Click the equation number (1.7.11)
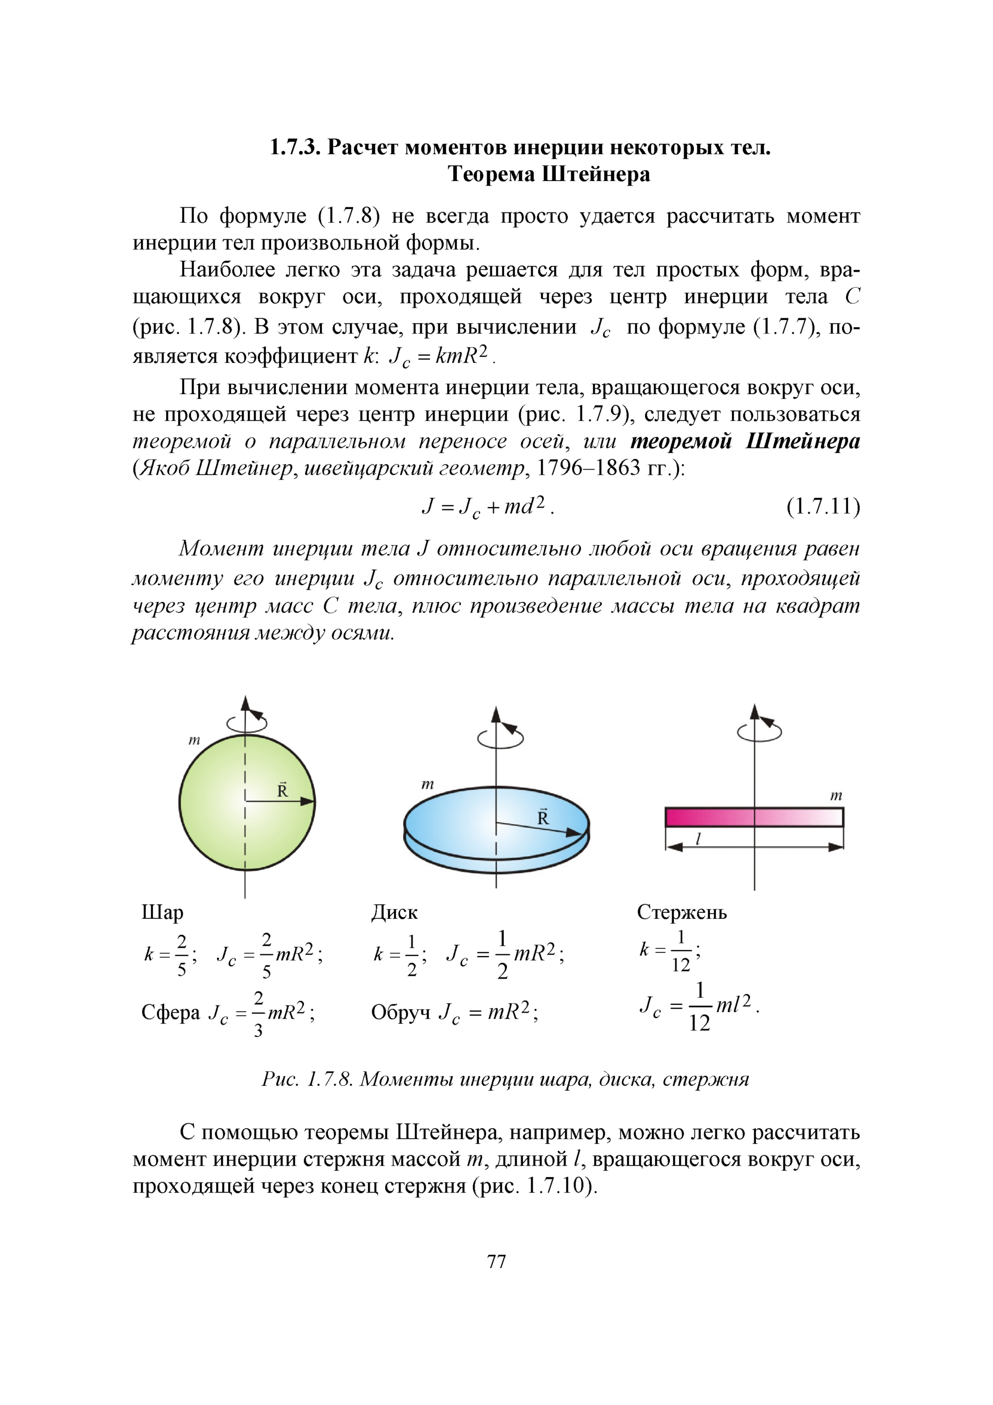823,507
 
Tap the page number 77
496,1261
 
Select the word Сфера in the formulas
170,1013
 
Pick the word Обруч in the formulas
400,1013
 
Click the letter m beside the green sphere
194,740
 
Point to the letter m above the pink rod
836,795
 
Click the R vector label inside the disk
543,817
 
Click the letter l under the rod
698,839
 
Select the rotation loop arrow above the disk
500,738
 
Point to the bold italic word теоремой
680,441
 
